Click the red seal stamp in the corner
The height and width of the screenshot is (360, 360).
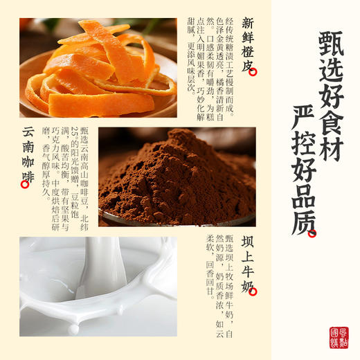[339, 337]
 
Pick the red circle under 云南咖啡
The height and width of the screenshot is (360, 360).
[26, 184]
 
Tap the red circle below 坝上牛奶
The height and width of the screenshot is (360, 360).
[253, 292]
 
